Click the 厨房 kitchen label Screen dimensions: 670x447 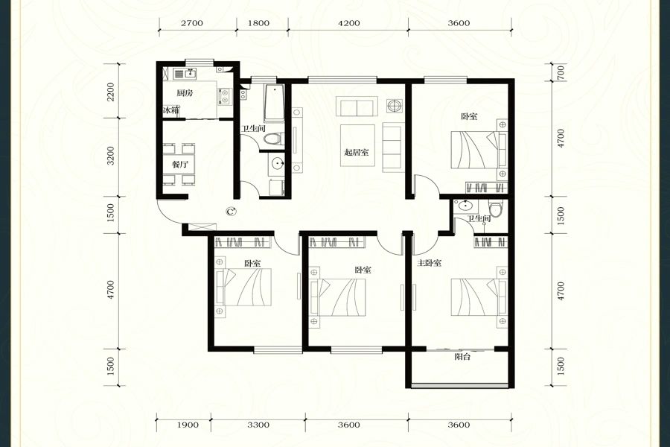(x=185, y=93)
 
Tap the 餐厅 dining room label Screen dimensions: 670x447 (x=180, y=164)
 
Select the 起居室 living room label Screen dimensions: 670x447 (x=357, y=152)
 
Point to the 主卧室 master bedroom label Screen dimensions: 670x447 (x=430, y=263)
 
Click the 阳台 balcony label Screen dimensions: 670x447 (x=462, y=356)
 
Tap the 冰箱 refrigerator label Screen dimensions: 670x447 (x=171, y=110)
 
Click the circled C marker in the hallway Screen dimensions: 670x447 (x=232, y=211)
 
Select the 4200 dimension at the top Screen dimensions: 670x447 (x=348, y=23)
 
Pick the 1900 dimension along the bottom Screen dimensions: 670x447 (x=188, y=425)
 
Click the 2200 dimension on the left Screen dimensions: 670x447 (x=111, y=92)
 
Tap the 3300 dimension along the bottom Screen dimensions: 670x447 (x=258, y=425)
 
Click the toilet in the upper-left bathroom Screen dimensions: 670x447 (x=272, y=139)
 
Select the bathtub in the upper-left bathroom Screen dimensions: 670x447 (x=274, y=104)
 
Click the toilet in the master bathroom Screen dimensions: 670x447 (x=495, y=209)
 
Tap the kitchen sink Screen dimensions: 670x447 (x=185, y=74)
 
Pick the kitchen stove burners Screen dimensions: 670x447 (x=225, y=96)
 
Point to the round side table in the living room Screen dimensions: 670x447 (x=394, y=105)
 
